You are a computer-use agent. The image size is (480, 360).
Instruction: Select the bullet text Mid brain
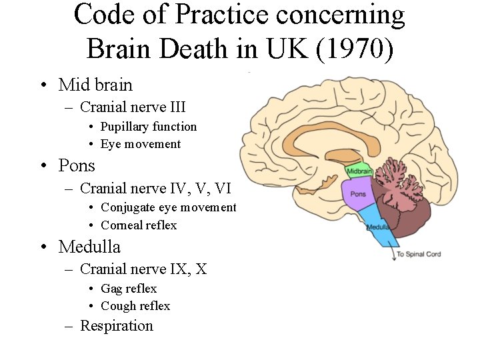pyautogui.click(x=95, y=85)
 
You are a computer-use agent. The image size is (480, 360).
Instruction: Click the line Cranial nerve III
pyautogui.click(x=132, y=107)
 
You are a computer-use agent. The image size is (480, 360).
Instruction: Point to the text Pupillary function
pyautogui.click(x=149, y=127)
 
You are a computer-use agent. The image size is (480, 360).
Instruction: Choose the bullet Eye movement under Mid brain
pyautogui.click(x=141, y=144)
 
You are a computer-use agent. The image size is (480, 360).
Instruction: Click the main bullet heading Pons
pyautogui.click(x=77, y=165)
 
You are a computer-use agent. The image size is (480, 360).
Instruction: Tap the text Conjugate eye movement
pyautogui.click(x=168, y=207)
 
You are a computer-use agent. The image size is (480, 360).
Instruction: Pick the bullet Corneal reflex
pyautogui.click(x=139, y=225)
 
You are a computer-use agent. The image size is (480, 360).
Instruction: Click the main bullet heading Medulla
pyautogui.click(x=89, y=247)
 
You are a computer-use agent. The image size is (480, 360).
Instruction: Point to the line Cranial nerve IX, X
pyautogui.click(x=143, y=269)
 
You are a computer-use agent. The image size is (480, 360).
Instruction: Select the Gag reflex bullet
pyautogui.click(x=129, y=289)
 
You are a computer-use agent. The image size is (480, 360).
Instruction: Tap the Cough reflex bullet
pyautogui.click(x=135, y=306)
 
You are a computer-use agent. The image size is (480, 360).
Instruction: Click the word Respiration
pyautogui.click(x=117, y=326)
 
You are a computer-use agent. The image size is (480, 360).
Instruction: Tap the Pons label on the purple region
pyautogui.click(x=358, y=194)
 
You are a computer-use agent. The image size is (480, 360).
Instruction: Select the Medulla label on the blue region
pyautogui.click(x=378, y=227)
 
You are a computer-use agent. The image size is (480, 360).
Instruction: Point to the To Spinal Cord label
pyautogui.click(x=419, y=254)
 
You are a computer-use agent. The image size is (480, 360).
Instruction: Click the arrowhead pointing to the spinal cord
pyautogui.click(x=392, y=258)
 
